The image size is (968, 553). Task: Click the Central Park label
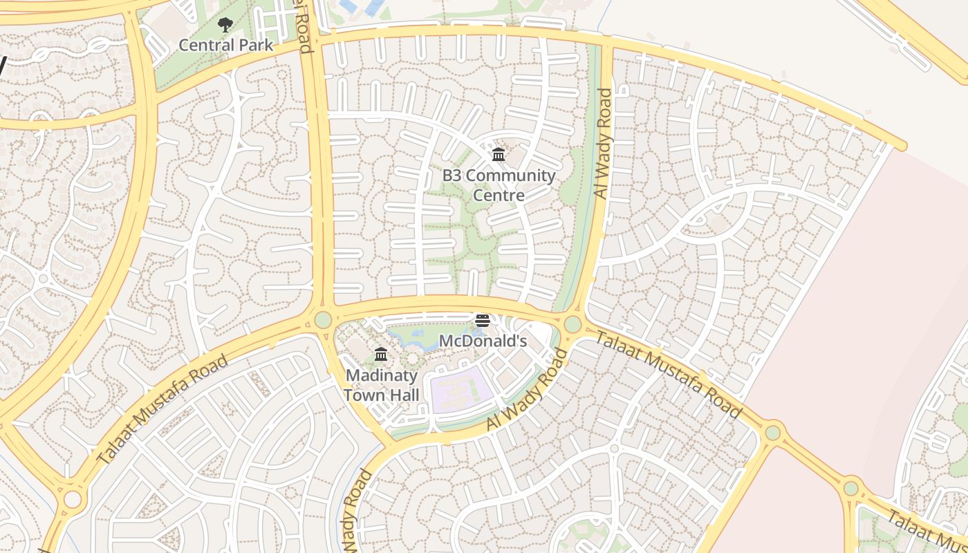tap(226, 46)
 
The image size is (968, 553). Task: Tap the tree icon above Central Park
tap(225, 26)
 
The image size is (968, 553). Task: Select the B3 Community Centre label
tap(498, 185)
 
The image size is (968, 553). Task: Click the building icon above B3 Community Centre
tap(498, 155)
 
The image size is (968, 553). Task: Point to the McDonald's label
tap(483, 341)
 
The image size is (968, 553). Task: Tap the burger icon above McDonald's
tap(483, 321)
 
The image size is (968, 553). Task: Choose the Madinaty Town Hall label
tap(381, 385)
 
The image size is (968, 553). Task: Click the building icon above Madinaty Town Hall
tap(381, 355)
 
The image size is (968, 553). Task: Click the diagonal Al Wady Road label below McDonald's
tap(527, 391)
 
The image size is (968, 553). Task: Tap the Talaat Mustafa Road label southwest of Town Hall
tap(162, 409)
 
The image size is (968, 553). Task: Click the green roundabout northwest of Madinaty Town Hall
tap(323, 320)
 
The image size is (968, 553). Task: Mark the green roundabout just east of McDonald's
tap(573, 324)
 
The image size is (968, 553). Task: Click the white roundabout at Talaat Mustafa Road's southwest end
tap(72, 499)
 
